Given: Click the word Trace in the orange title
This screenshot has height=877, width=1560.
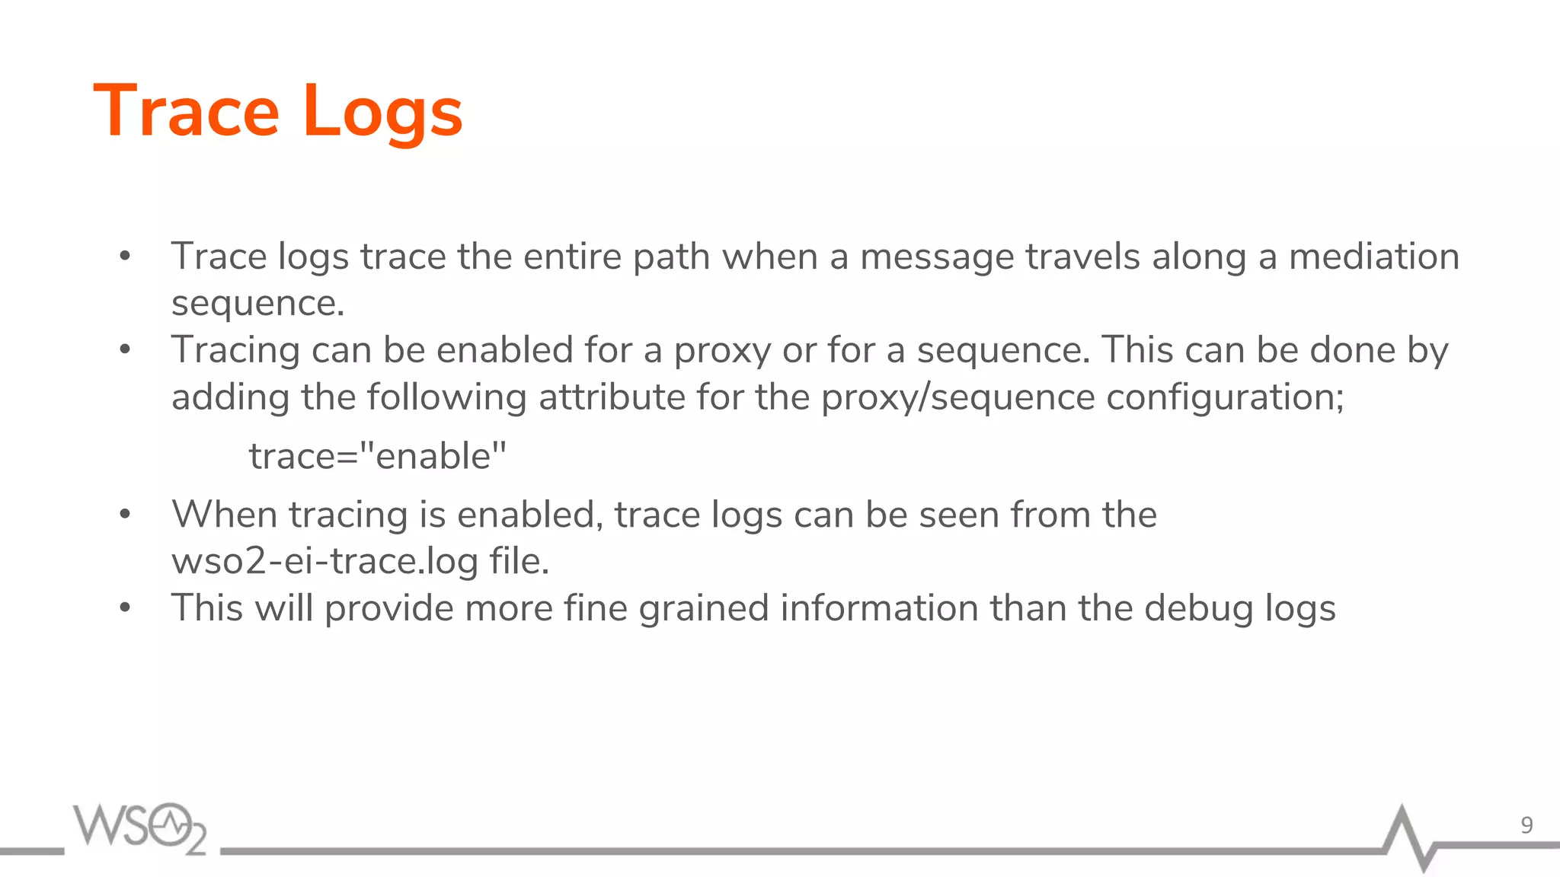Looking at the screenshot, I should (x=187, y=111).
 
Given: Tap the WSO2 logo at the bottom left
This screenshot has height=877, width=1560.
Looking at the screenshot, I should (x=140, y=828).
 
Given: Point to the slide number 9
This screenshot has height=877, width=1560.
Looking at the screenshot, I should (x=1526, y=825).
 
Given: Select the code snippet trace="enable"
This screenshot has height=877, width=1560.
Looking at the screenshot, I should (x=378, y=456).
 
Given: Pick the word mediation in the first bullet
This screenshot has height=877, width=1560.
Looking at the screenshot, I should (x=1373, y=257).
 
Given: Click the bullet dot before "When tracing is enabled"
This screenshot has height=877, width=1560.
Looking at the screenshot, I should (x=126, y=515).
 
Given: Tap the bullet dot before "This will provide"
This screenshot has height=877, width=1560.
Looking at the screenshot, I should (x=126, y=608).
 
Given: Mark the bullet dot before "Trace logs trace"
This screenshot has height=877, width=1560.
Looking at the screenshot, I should (x=126, y=257).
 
